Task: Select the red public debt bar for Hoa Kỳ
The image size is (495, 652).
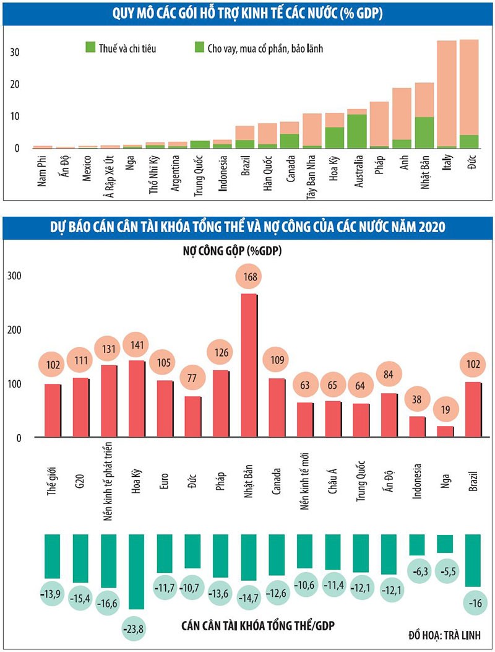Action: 136,398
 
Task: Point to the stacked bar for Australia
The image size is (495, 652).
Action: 357,129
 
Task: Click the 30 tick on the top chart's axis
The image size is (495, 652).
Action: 15,52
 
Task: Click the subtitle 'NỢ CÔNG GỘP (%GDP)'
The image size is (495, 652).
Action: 247,251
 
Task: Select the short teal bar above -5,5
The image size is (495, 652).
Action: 445,544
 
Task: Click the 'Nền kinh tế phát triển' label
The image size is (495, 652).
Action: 106,489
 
